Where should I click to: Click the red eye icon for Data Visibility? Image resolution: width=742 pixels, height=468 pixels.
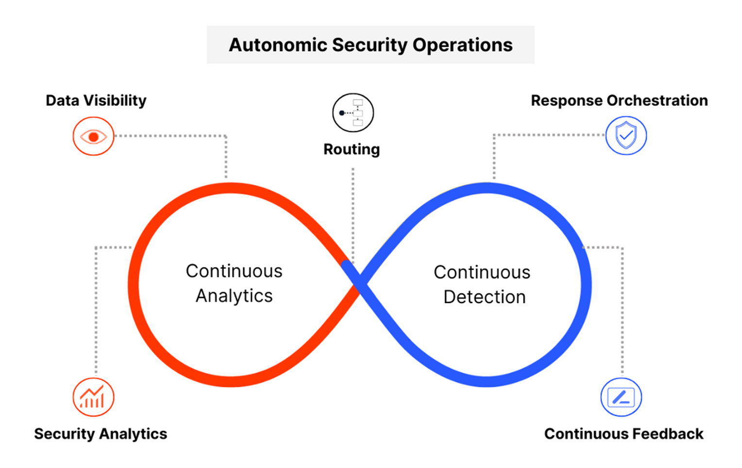(93, 136)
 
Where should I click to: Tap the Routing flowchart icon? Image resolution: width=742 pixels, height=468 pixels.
(353, 113)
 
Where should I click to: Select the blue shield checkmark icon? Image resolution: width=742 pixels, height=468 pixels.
(626, 135)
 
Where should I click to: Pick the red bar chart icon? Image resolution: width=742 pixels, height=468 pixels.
(93, 397)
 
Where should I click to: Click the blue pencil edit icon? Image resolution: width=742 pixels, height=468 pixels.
(621, 397)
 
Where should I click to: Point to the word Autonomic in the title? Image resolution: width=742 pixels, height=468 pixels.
(278, 45)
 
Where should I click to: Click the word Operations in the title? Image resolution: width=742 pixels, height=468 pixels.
(462, 45)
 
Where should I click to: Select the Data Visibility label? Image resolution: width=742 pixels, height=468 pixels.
(96, 100)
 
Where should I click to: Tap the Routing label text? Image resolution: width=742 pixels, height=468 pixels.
(352, 149)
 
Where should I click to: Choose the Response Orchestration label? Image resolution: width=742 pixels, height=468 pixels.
(619, 100)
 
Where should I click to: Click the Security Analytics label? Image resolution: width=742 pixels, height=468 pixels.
(101, 434)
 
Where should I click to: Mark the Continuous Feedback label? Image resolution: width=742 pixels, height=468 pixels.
(624, 434)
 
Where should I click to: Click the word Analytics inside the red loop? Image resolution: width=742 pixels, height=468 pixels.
(234, 296)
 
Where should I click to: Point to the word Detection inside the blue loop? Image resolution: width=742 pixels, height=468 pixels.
(484, 297)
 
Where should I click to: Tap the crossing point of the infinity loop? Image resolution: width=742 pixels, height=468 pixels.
(358, 281)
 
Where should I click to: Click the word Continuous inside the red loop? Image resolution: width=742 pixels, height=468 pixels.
(234, 271)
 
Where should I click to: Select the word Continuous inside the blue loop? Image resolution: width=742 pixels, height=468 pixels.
(482, 273)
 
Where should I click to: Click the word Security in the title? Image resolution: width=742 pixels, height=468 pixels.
(370, 45)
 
